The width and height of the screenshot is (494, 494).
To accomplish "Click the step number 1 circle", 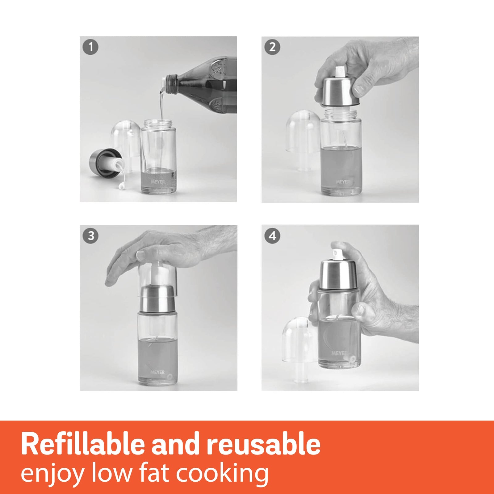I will [x=90, y=47].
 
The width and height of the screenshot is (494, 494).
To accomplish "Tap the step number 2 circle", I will [x=272, y=47].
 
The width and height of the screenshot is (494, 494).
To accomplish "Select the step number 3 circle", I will [x=90, y=236].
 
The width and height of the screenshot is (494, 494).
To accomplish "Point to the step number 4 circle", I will [x=272, y=236].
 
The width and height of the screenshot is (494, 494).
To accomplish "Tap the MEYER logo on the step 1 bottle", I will [x=158, y=182].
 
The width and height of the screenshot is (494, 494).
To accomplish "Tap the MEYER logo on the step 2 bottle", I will [x=343, y=182].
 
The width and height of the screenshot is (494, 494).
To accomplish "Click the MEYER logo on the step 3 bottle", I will [x=158, y=373].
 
